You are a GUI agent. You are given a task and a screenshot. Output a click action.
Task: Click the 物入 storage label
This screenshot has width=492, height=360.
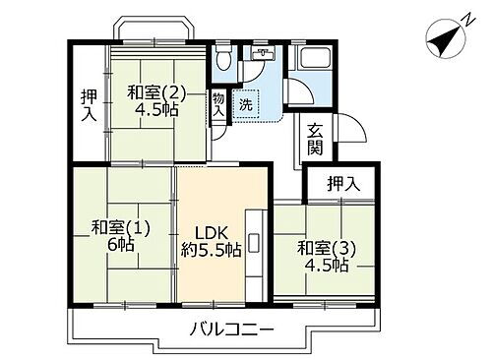coord(217,105)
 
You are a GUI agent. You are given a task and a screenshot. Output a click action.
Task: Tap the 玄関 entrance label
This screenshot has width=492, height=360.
coord(315,138)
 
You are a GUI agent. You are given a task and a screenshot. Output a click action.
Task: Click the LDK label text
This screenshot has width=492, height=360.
coord(210,233)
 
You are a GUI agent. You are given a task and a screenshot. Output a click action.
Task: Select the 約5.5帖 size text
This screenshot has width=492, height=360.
coord(210,252)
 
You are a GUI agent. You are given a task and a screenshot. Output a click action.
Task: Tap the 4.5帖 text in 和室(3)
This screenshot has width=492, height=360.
coord(325,267)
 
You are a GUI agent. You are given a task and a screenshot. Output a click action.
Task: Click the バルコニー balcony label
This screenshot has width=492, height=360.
coord(232,329)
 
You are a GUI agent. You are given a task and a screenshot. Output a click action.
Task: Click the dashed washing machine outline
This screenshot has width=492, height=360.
coord(247,103)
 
